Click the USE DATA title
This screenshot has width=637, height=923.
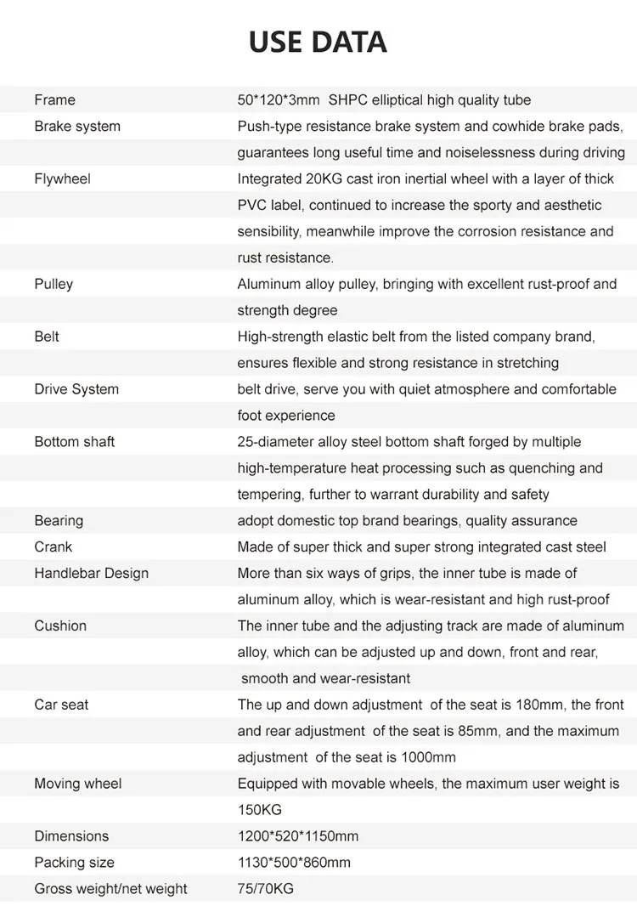click(x=318, y=42)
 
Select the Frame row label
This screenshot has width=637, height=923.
click(x=54, y=100)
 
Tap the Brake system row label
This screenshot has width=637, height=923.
click(x=77, y=127)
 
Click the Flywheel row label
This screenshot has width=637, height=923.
click(x=62, y=179)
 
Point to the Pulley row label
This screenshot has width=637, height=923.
click(x=54, y=285)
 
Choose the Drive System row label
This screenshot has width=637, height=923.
click(x=76, y=390)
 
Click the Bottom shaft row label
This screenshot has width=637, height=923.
click(x=74, y=442)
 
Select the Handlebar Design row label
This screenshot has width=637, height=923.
click(x=91, y=574)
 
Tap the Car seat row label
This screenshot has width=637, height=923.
click(x=61, y=705)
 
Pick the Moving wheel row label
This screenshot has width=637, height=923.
click(x=77, y=784)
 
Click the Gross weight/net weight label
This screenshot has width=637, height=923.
click(x=110, y=890)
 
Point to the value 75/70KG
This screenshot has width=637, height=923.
click(x=265, y=890)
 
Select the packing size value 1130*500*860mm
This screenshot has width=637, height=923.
click(x=294, y=864)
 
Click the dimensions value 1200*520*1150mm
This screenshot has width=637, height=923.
click(x=298, y=837)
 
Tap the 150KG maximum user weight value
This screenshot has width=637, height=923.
click(x=259, y=811)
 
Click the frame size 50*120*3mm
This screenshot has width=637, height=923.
click(x=279, y=100)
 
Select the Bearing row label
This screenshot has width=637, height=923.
click(x=59, y=521)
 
